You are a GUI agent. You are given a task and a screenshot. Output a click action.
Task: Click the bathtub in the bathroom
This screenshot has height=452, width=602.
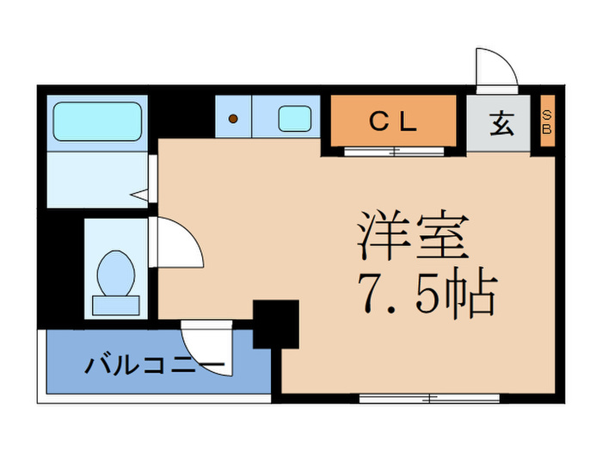click(x=97, y=121)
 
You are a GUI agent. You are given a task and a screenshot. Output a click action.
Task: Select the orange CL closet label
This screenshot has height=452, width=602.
click(x=393, y=123)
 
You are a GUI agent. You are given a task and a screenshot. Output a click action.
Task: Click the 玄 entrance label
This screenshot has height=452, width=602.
click(x=502, y=124)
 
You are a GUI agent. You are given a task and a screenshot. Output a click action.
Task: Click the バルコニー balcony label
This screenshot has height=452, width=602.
click(x=155, y=365)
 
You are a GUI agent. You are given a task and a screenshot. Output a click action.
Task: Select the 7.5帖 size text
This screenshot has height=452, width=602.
click(x=425, y=297)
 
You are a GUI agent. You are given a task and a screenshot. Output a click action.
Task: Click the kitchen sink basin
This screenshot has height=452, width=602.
click(x=293, y=118)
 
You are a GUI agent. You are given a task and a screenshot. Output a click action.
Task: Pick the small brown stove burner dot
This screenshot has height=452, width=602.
click(x=232, y=119)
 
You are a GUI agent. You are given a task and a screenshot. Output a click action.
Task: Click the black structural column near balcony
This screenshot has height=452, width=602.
click(x=275, y=322)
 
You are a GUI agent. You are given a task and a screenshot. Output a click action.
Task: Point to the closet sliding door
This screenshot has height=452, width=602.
click(x=394, y=152)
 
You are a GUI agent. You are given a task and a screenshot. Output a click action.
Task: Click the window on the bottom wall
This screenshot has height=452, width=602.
click(x=429, y=398)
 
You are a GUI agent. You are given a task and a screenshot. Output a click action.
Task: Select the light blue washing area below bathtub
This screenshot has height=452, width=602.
click(x=95, y=179)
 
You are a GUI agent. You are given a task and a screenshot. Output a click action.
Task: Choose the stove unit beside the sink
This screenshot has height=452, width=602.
click(x=233, y=118)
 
